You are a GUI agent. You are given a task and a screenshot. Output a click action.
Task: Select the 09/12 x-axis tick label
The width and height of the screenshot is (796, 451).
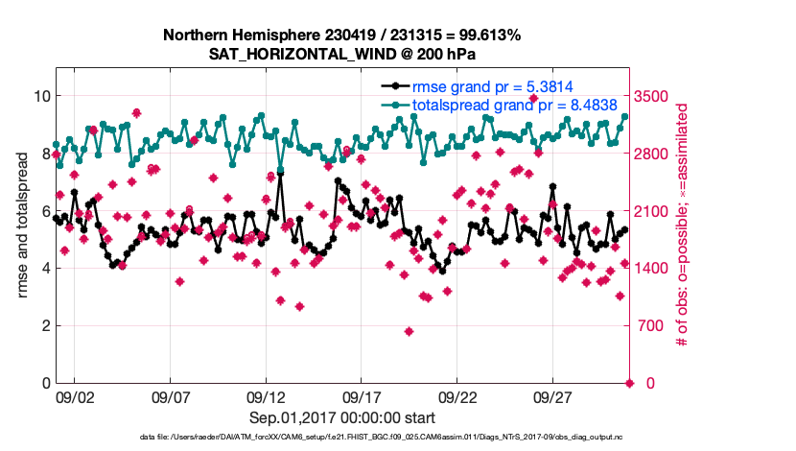coord(266,396)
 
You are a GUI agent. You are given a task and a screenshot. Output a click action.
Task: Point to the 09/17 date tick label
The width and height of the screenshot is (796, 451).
coord(362,396)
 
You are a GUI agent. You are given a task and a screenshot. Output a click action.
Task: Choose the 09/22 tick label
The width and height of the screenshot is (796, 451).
coord(457,396)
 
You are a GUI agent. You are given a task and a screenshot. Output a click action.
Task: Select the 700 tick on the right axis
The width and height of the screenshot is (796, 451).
coord(650,326)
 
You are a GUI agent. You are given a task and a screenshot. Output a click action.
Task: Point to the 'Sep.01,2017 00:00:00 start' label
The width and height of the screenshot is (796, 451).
coord(342,417)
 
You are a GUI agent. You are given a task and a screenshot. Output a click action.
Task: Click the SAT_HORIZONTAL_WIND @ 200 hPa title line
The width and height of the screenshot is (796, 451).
coord(341,54)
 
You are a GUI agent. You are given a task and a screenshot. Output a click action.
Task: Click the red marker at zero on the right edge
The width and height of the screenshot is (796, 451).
coord(630,383)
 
